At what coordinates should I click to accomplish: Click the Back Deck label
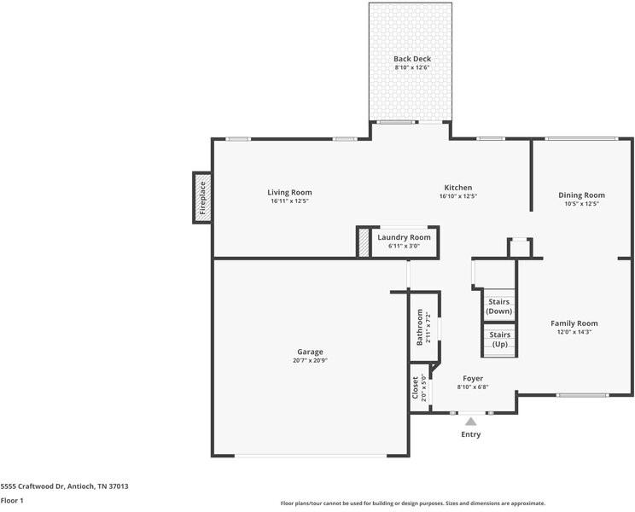(x=412, y=59)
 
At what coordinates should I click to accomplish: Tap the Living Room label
(x=289, y=193)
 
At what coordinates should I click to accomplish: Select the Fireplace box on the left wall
(x=202, y=197)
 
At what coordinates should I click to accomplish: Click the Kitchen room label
(x=457, y=188)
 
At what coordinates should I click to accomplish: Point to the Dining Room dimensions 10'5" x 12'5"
(x=581, y=204)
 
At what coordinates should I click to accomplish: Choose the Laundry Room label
(x=404, y=237)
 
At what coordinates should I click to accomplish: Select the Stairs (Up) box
(x=499, y=339)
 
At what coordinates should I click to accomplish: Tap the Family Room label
(x=574, y=323)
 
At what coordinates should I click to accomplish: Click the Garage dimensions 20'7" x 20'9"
(x=311, y=360)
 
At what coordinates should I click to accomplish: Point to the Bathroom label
(x=419, y=329)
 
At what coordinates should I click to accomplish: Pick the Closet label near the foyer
(x=416, y=388)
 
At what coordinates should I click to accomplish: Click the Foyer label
(x=473, y=378)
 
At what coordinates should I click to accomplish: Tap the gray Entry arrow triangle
(x=470, y=420)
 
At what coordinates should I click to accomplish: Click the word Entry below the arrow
(x=470, y=434)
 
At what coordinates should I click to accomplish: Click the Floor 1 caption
(x=12, y=500)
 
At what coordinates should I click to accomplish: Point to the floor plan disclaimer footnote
(x=412, y=503)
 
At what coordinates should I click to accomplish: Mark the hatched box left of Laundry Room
(x=364, y=241)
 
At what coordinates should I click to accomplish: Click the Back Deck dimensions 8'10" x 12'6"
(x=412, y=67)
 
